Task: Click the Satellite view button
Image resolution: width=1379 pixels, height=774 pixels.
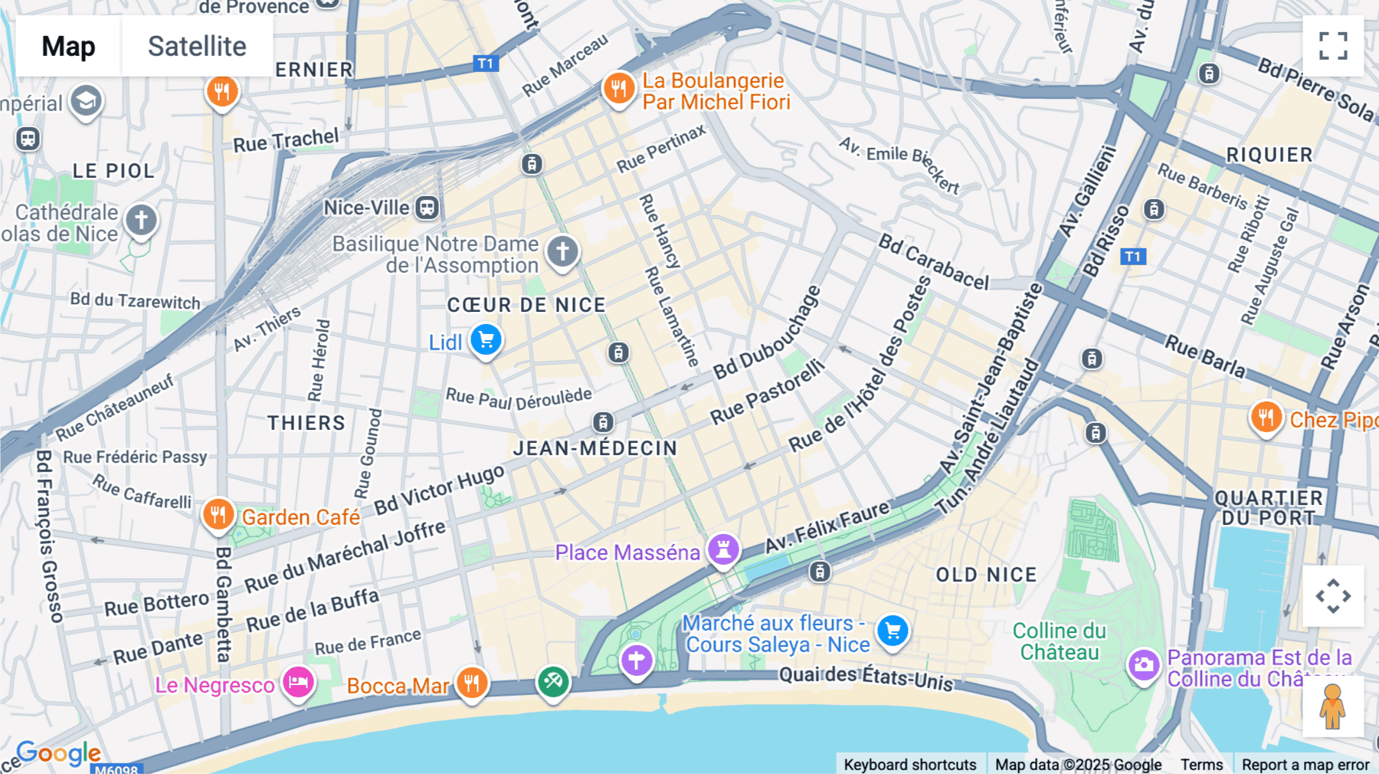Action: click(x=197, y=46)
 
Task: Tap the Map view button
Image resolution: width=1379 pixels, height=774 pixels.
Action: click(x=68, y=46)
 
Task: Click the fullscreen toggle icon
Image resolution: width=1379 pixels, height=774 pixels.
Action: click(x=1333, y=46)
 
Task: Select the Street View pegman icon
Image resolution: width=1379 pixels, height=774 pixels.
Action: click(x=1333, y=706)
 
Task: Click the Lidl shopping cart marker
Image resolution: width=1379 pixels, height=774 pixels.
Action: click(x=486, y=339)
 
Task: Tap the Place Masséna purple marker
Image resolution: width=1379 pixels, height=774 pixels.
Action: click(x=722, y=549)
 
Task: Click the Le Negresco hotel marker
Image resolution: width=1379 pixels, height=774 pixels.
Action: click(x=298, y=681)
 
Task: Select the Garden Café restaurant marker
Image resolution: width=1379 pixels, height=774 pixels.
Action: click(x=218, y=514)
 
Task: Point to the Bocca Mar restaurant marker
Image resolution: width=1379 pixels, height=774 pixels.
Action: click(x=472, y=681)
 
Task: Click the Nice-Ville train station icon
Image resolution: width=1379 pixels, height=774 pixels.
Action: click(x=427, y=207)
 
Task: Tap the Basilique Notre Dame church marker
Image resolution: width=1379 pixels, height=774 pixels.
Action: click(x=562, y=251)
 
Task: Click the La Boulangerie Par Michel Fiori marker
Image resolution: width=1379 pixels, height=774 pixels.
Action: click(x=618, y=89)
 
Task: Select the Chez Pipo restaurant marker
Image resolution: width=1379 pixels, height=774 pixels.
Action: click(x=1266, y=418)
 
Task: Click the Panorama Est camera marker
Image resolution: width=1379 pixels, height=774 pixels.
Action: click(x=1143, y=664)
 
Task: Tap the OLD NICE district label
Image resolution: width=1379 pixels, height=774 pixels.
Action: click(x=986, y=575)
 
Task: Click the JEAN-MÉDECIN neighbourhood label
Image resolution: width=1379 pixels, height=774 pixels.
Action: click(x=595, y=448)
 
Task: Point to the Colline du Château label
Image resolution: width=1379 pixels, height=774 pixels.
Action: click(x=1060, y=641)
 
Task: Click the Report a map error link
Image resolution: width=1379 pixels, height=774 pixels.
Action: click(x=1305, y=765)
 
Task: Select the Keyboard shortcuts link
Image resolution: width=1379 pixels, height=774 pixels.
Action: click(x=910, y=765)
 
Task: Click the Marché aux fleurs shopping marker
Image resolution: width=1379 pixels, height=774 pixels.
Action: click(x=893, y=631)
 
